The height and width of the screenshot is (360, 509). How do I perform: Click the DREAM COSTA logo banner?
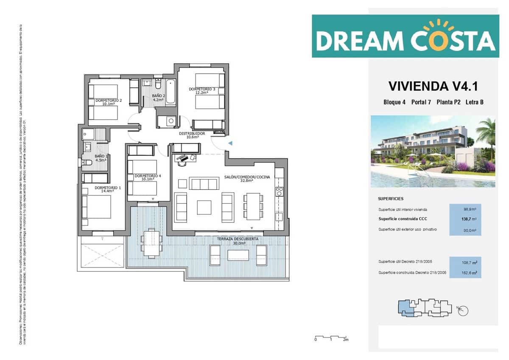point(405,36)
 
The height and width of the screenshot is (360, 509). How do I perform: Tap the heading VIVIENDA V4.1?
point(433,86)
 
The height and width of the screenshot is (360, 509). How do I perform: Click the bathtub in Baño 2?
point(171,92)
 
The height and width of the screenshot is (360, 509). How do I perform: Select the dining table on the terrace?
point(151,243)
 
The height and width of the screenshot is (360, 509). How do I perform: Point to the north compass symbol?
point(464,310)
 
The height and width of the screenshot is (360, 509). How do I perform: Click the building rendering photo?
point(433,152)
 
